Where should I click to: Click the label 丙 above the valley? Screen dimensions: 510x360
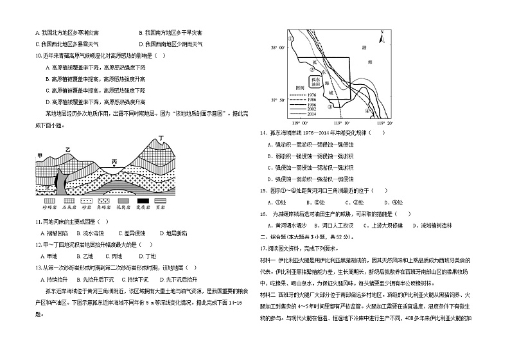point(114,161)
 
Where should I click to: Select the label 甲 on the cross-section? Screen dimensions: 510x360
point(40,156)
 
